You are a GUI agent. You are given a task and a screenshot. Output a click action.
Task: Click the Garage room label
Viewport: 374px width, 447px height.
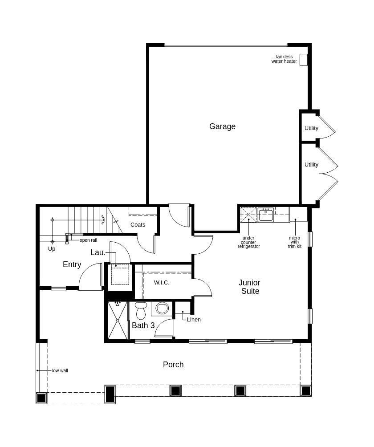tap(222, 126)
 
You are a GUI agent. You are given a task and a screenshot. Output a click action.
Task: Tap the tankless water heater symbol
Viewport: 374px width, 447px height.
tap(303, 60)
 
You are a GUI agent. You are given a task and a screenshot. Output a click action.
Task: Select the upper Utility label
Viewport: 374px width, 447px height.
tap(311, 128)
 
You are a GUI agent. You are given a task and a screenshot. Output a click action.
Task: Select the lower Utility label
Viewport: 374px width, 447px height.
tap(311, 165)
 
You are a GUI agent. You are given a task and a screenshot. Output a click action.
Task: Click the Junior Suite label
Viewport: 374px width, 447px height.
tap(249, 287)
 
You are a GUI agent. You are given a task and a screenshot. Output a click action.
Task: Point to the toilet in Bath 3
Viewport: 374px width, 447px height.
tap(141, 310)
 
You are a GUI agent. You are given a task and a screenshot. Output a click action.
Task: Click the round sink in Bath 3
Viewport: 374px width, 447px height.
tap(162, 308)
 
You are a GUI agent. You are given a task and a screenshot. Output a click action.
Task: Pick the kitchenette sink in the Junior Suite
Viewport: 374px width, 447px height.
tap(265, 215)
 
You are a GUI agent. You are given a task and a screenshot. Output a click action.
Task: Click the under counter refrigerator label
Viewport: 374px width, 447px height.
tap(248, 242)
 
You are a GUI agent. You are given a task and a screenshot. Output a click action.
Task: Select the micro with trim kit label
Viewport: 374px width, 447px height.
tap(294, 242)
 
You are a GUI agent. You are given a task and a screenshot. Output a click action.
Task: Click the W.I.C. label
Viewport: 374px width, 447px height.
tap(162, 283)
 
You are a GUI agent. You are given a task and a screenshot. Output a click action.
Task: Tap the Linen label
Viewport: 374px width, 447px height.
tap(194, 319)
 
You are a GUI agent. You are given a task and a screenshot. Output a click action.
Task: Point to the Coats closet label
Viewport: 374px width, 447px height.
tap(138, 225)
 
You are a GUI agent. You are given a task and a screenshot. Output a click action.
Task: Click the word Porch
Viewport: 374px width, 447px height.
tap(173, 365)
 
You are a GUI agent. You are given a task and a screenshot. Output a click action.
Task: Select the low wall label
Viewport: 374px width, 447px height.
tap(60, 370)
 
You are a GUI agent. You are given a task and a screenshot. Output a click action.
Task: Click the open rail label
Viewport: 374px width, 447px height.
tap(88, 240)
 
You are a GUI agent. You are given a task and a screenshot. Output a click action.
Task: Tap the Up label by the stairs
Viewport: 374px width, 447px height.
tap(52, 249)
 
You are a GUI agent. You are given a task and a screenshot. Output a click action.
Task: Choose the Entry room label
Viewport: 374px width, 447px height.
tap(72, 264)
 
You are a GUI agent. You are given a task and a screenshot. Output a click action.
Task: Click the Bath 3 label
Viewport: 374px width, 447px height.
tap(143, 325)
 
